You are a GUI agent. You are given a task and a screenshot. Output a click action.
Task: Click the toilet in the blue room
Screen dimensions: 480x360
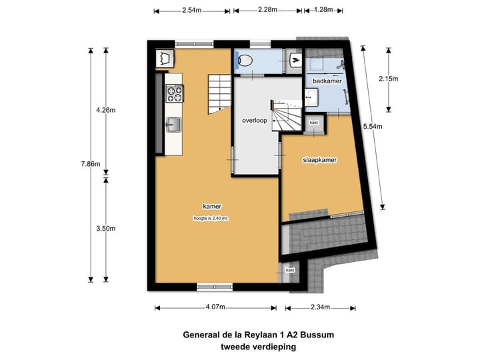pos(244,61)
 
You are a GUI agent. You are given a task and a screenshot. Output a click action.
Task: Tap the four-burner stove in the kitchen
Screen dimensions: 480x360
pos(175,94)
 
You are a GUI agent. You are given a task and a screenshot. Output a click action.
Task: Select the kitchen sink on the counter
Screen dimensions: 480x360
pos(173,125)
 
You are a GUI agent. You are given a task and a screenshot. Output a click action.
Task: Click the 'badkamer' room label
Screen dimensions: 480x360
pos(327,81)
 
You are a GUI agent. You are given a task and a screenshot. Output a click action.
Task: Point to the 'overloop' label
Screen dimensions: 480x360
pos(255,120)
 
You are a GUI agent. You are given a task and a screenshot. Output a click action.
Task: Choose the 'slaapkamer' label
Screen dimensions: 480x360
pos(319,160)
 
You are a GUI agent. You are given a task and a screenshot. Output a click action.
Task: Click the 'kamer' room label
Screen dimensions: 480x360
pos(212,206)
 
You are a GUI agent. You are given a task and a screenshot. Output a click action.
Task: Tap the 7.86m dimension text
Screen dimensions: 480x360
pos(91,164)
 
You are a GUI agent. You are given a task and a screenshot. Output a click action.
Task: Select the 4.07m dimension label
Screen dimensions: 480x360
pos(215,307)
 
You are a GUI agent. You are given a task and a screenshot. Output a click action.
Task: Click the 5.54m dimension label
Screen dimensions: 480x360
pos(373,126)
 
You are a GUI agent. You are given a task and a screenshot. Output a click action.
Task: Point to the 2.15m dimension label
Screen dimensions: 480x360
pos(389,79)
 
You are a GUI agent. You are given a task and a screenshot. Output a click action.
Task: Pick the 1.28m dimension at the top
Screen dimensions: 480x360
pos(323,9)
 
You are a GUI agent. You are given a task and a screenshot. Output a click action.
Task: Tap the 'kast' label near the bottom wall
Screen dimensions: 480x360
pos(290,270)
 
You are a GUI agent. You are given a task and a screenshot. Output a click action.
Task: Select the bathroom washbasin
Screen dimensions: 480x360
pos(311,97)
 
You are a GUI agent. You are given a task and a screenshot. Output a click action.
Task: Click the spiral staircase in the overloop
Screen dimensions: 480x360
pos(286,115)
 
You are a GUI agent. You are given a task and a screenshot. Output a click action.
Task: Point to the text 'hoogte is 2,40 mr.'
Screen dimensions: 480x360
pos(211,219)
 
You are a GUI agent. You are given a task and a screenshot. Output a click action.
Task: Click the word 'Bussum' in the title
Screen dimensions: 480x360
pos(317,335)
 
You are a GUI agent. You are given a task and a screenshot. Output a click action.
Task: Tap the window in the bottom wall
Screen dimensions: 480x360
pos(215,287)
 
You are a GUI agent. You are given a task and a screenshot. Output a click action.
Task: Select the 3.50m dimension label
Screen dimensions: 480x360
pos(106,229)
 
